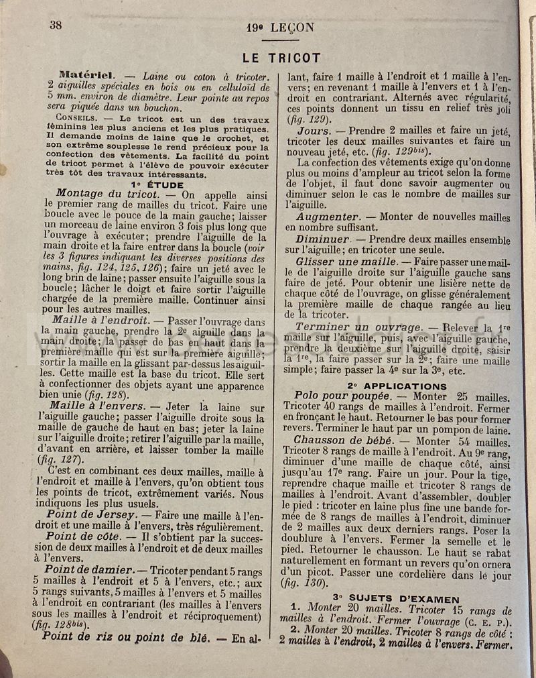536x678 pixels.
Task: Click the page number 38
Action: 56,25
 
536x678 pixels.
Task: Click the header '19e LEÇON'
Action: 280,27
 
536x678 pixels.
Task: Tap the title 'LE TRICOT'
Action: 281,58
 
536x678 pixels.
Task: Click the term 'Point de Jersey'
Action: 94,516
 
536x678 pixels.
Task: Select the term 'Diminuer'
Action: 324,239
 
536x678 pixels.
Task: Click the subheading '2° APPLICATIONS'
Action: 397,386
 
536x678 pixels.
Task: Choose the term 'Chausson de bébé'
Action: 348,441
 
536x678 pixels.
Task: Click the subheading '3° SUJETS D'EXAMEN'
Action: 396,599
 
